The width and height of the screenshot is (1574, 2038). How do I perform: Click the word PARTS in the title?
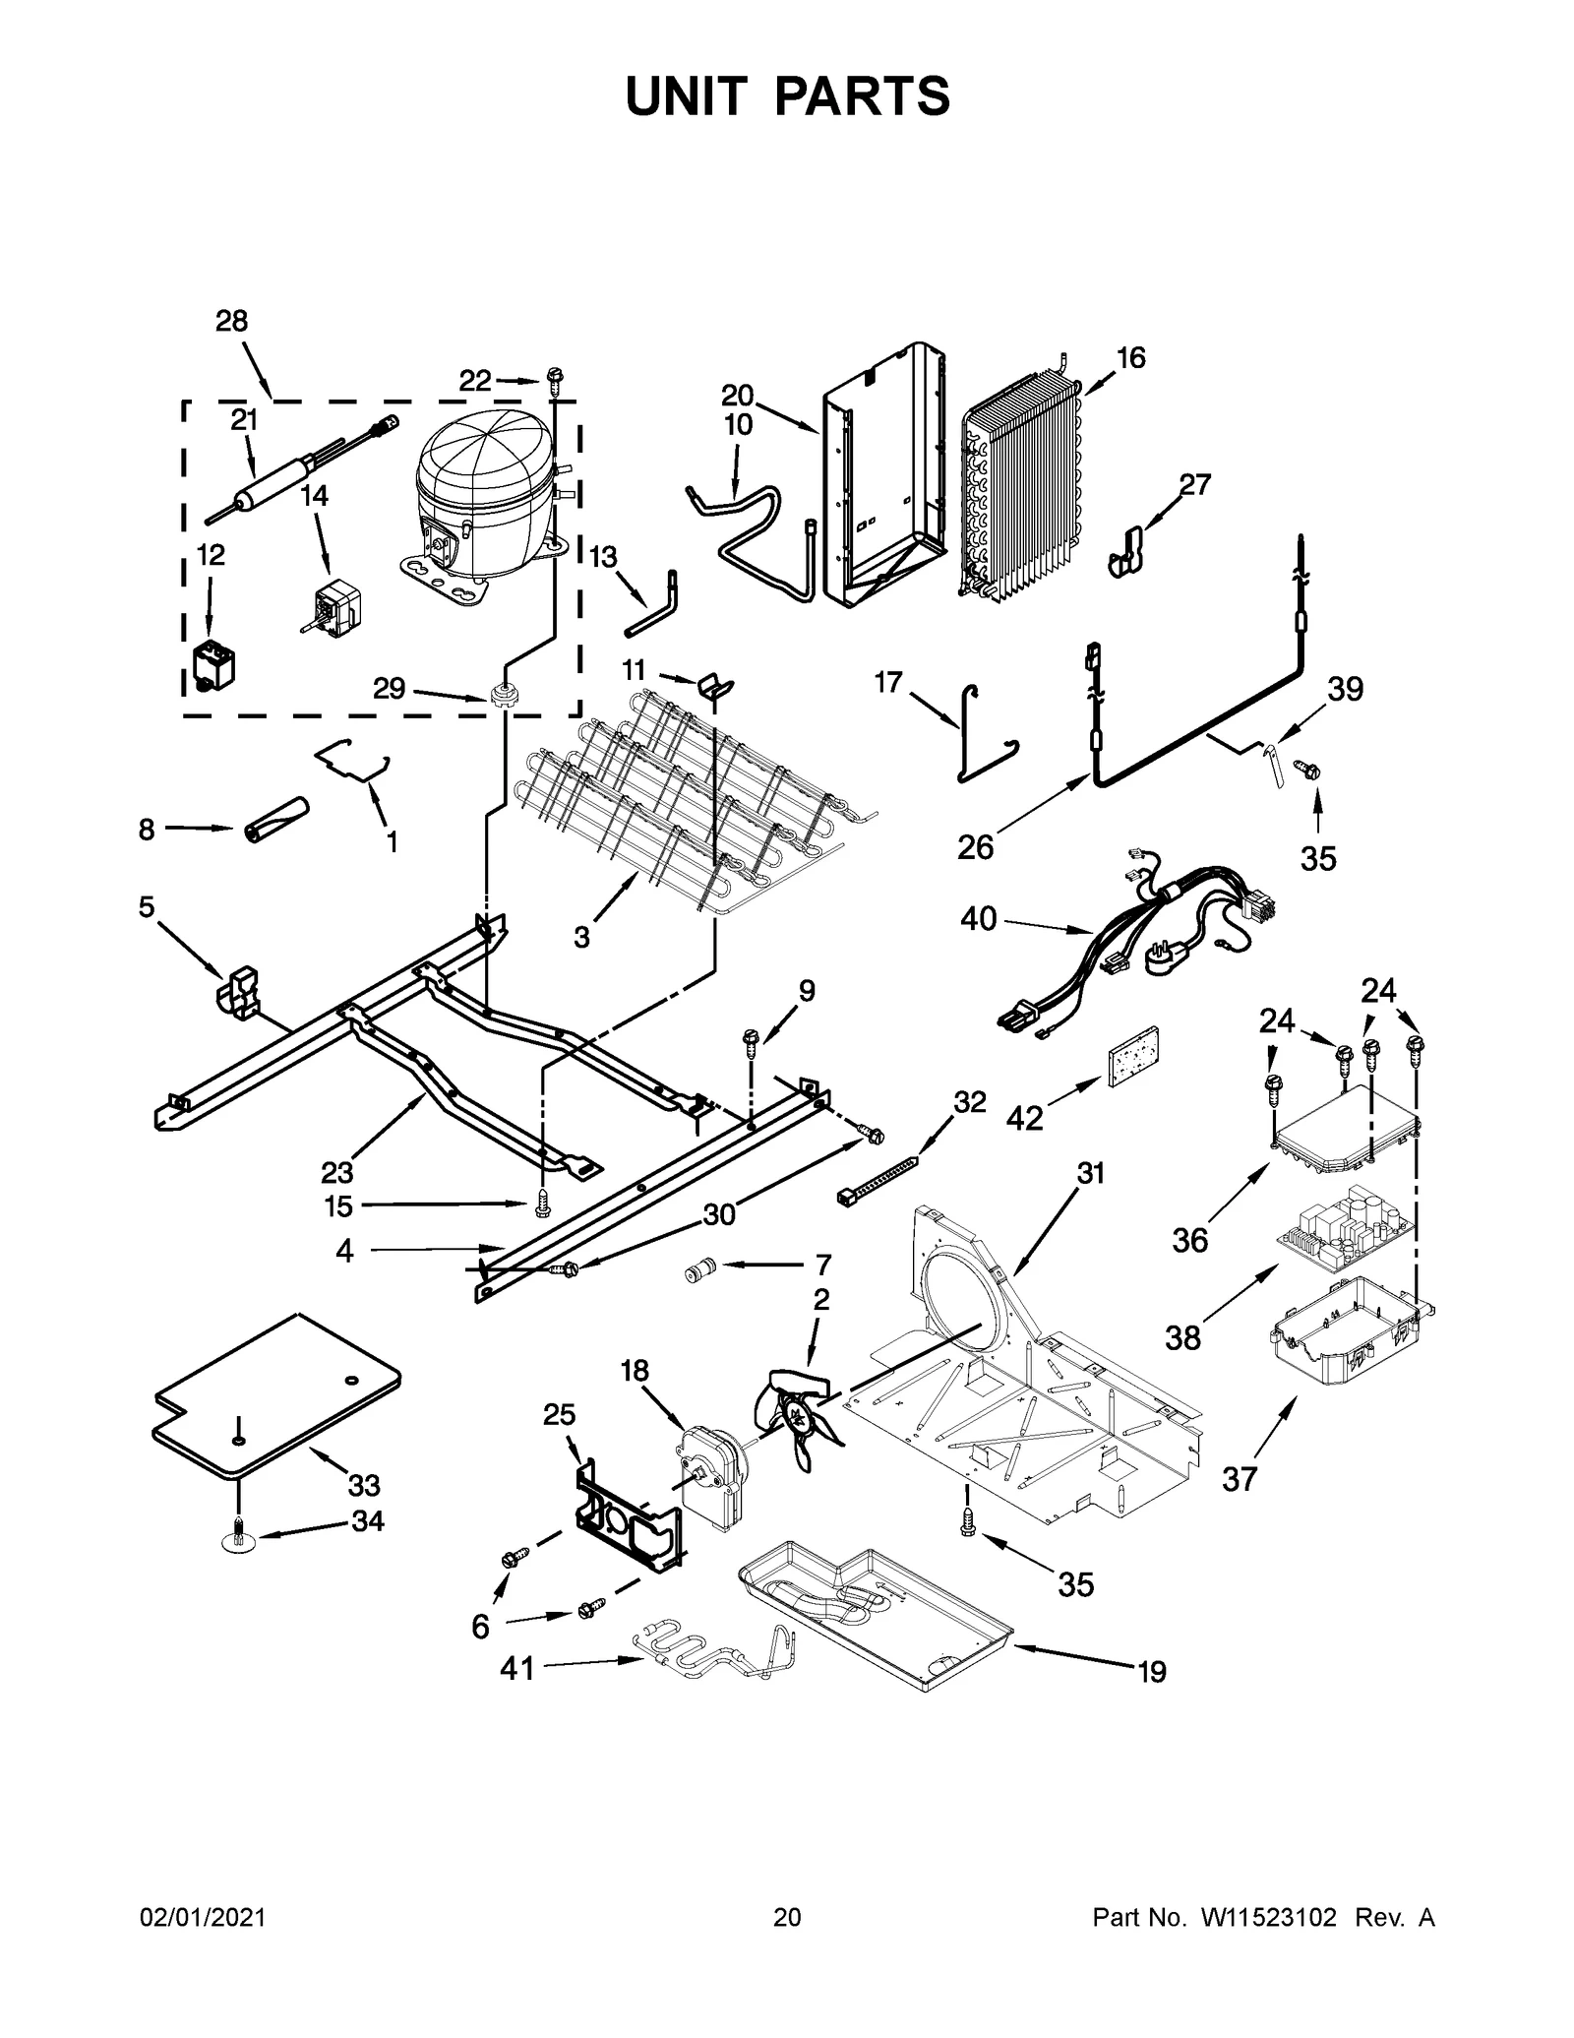863,96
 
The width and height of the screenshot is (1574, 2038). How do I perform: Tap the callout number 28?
232,321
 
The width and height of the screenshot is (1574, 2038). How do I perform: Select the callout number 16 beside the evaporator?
1131,357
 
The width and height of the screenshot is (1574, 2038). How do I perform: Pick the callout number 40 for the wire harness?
978,918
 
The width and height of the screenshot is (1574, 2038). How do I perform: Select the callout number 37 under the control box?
1240,1505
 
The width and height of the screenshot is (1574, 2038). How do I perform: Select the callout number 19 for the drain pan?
1152,1671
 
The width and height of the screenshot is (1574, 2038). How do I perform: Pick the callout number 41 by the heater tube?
517,1667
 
